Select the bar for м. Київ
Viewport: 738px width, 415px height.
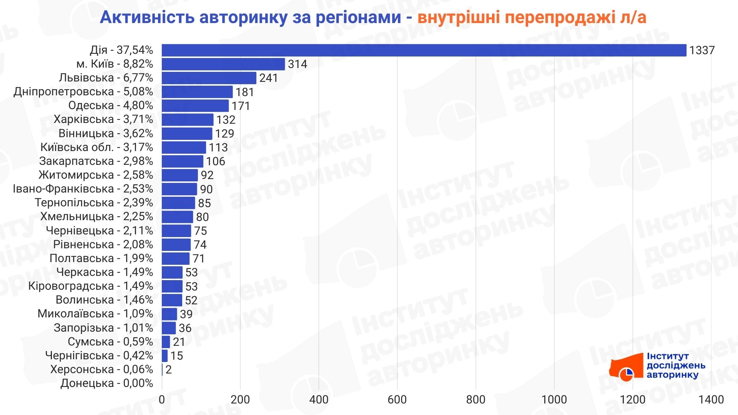click(x=223, y=64)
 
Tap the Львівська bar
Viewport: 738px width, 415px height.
click(x=209, y=78)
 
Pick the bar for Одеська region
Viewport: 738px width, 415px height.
click(x=195, y=106)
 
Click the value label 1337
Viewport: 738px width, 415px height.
click(x=701, y=50)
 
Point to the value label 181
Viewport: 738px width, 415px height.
click(x=245, y=92)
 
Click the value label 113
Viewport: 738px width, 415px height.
click(x=218, y=148)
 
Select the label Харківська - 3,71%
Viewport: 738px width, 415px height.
click(x=103, y=120)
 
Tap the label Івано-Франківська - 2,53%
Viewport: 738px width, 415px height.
click(x=83, y=189)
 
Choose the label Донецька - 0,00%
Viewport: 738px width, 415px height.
click(x=106, y=383)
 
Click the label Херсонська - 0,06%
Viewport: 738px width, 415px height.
click(x=101, y=369)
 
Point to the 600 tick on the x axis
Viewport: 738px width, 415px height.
click(x=397, y=400)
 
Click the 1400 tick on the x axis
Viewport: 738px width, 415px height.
click(x=711, y=400)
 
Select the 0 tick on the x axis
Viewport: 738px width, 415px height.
click(x=162, y=400)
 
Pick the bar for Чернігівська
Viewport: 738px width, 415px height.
click(x=165, y=356)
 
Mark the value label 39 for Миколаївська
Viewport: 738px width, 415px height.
click(x=186, y=314)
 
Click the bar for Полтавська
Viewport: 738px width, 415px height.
click(x=175, y=259)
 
